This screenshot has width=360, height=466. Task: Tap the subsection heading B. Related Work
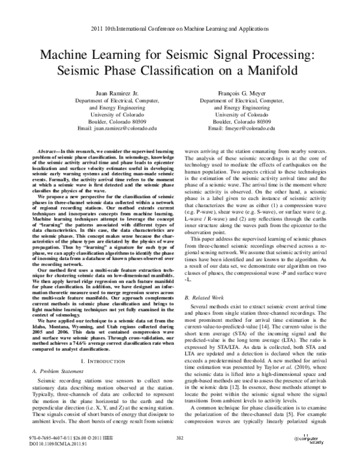[206, 314]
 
